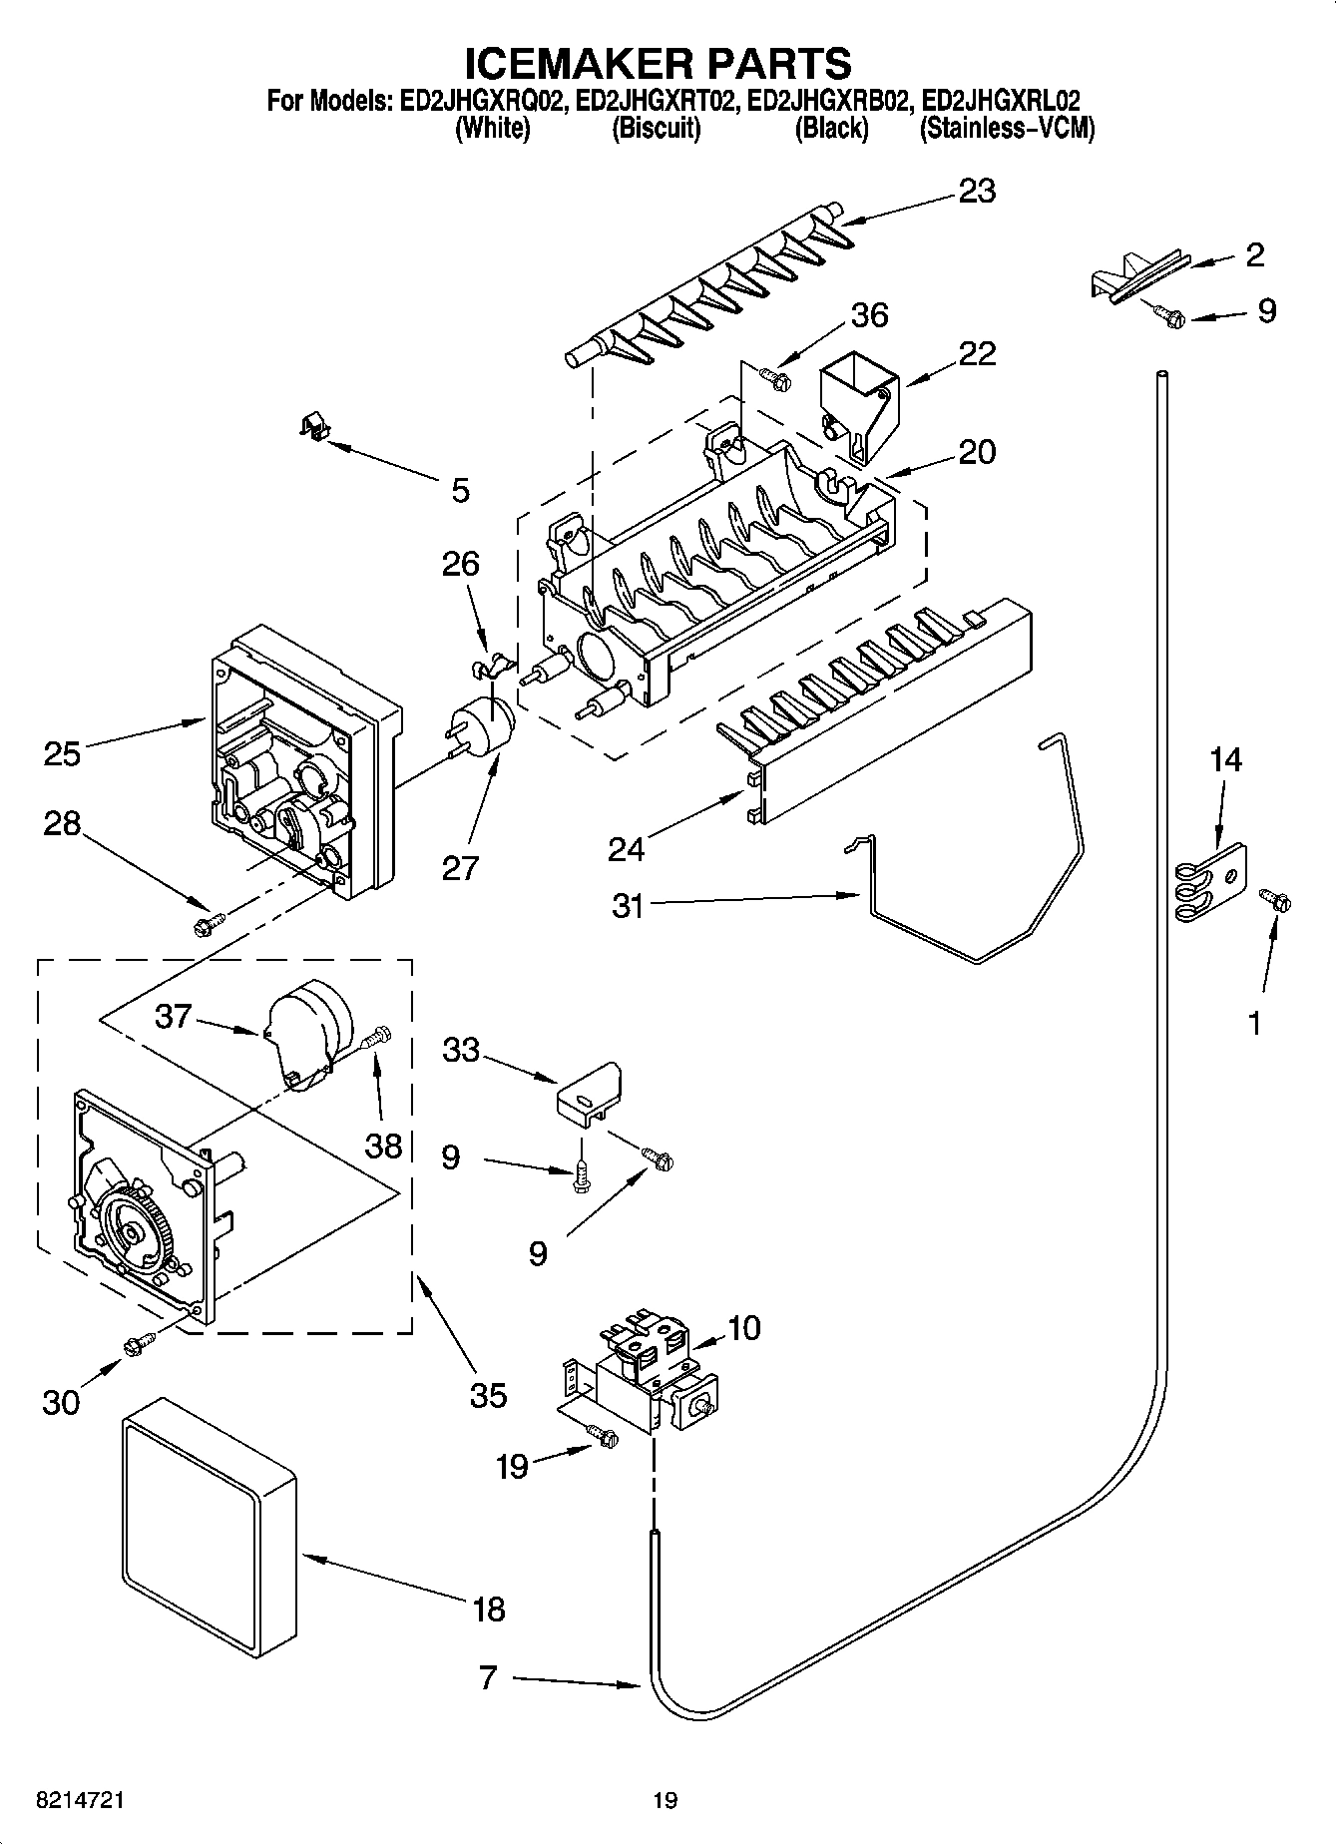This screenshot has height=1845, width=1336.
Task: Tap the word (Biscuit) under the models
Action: pos(656,129)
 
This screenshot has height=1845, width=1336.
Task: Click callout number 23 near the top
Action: pos(976,191)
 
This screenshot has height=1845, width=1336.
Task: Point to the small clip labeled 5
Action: pos(314,429)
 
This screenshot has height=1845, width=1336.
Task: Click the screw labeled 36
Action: pos(774,377)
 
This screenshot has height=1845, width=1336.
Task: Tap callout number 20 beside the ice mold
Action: pos(976,451)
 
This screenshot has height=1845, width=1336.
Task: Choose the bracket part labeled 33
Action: pos(589,1096)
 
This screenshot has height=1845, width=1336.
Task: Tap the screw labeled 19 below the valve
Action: pos(603,1436)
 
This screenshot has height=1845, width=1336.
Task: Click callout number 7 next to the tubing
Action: pos(487,1676)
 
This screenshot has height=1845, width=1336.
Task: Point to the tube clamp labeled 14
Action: pos(1207,882)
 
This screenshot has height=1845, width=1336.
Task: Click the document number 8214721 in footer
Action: pos(80,1800)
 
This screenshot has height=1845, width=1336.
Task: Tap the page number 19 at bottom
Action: pos(665,1800)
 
